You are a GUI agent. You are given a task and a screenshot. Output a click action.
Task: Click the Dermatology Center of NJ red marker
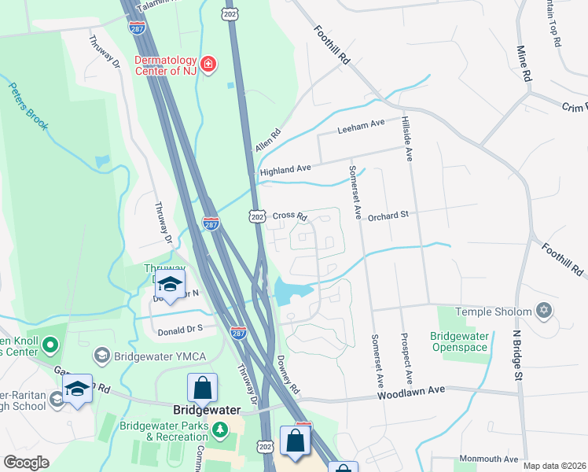(208, 64)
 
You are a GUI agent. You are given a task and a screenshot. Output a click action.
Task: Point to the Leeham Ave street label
(361, 125)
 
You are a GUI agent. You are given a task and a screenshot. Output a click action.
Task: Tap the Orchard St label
(388, 214)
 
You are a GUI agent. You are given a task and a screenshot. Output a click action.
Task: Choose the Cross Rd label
(288, 215)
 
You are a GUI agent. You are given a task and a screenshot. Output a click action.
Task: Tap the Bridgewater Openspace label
(460, 341)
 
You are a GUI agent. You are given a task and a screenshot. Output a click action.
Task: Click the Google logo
(26, 463)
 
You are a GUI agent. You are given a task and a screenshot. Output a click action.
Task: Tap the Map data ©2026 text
(553, 466)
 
